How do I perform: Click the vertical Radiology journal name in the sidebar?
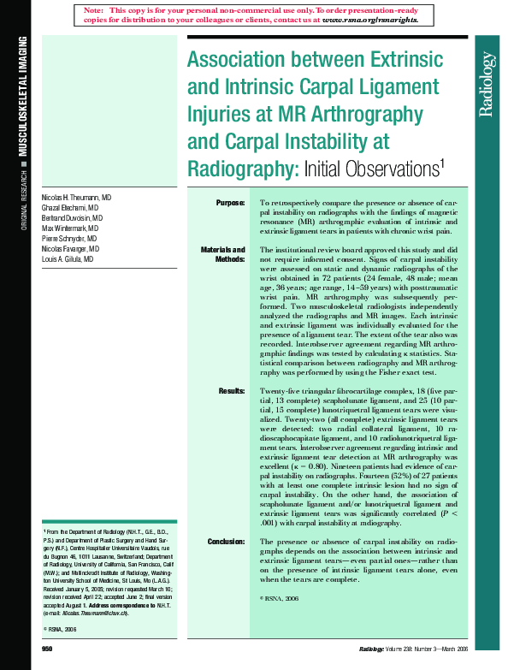tap(487, 84)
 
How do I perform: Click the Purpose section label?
tap(230, 202)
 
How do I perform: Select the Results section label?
tap(231, 390)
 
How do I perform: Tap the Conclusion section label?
tap(227, 542)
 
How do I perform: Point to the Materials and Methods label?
tap(224, 254)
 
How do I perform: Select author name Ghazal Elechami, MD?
tap(70, 208)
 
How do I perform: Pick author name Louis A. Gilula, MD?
tap(68, 258)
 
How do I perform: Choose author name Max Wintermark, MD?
tap(70, 228)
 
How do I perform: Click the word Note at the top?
tap(94, 9)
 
